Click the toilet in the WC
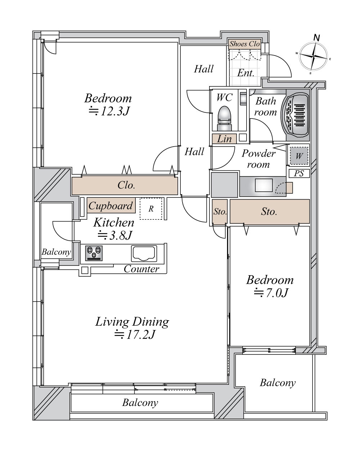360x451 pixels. coord(224,119)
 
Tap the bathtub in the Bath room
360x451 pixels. coord(295,115)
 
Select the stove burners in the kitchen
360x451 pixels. coord(94,253)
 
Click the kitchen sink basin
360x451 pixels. coord(144,254)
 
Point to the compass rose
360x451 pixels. coord(313,56)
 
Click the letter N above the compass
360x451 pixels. coord(317,38)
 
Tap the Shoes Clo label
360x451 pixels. coord(244,44)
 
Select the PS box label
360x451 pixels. coord(299,174)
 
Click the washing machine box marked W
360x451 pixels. coord(299,156)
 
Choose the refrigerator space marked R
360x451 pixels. coord(151,209)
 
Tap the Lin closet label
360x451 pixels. coord(224,139)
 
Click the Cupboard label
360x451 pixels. coord(111,206)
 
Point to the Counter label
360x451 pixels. coord(141,269)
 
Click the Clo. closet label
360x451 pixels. coord(126,185)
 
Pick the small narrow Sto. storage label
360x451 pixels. coord(220,212)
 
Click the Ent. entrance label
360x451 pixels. coord(246,73)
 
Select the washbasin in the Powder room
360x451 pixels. coord(264,185)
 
